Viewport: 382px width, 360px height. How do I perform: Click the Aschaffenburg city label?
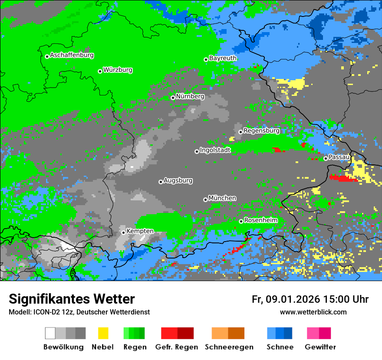72,55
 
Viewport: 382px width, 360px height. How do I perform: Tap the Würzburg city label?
118,70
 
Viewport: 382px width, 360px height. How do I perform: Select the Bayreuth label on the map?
223,58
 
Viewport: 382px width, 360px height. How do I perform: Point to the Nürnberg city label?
190,96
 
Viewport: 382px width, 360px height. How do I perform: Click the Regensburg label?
261,130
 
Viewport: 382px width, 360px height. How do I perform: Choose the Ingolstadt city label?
215,150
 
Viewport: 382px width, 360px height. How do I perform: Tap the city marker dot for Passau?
326,158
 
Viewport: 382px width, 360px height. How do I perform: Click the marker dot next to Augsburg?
161,182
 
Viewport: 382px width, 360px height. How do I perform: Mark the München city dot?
205,200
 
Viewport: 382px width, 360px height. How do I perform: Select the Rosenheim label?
260,220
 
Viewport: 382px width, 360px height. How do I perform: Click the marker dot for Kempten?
123,232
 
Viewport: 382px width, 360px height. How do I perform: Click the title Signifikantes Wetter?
72,299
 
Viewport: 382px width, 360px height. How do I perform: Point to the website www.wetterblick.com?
313,312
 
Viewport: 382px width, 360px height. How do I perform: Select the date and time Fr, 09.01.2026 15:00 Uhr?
310,299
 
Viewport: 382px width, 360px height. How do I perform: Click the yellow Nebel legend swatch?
103,333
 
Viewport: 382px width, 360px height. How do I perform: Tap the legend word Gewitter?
320,347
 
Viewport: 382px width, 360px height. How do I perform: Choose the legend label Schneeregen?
229,347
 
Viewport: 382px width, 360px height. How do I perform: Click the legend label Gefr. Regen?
176,347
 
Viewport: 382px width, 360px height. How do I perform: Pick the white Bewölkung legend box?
50,333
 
